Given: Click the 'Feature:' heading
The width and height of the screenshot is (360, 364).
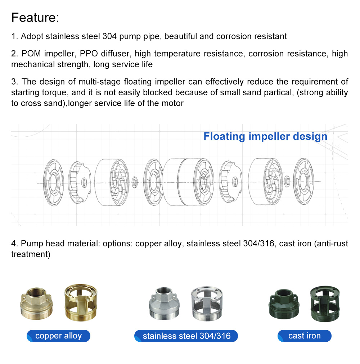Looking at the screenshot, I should [x=35, y=17].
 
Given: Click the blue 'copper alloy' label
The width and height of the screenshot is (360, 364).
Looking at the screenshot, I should [x=58, y=336].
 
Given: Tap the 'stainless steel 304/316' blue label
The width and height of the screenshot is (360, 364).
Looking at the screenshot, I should [x=186, y=336].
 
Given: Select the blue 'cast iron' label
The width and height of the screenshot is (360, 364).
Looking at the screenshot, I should [x=304, y=336].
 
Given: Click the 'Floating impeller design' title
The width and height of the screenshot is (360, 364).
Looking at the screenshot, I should [x=265, y=137].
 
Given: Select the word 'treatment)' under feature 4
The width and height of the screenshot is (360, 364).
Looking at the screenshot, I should [x=31, y=254].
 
